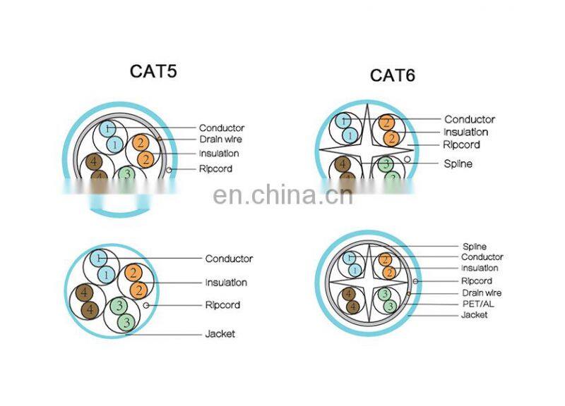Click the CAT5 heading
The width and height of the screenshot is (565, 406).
153,71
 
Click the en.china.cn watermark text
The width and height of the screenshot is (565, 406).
282,195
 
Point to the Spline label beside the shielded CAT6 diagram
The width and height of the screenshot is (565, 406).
474,247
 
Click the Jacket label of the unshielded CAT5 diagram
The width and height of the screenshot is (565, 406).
220,333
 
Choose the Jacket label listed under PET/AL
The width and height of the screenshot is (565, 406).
474,315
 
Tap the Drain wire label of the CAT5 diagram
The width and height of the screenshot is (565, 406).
220,140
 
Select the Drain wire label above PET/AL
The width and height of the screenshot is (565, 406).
482,293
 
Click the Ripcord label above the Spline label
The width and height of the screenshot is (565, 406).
461,144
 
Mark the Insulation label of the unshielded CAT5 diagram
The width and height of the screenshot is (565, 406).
226,283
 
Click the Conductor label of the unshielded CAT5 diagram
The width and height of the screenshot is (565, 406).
229,259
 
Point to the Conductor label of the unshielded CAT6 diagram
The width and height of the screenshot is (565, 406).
470,120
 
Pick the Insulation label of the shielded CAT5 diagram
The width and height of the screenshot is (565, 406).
219,153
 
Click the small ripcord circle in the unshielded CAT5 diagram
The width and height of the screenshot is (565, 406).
146,305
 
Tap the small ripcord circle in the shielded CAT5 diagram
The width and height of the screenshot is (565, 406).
167,170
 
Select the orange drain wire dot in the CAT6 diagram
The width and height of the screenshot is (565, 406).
409,292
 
